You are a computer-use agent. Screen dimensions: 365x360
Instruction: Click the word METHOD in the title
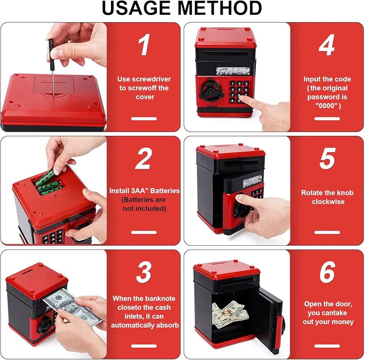[220, 8]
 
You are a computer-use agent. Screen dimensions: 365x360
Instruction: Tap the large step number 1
[144, 44]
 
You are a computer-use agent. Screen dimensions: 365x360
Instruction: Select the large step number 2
[144, 158]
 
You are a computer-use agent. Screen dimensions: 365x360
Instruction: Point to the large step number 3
[144, 272]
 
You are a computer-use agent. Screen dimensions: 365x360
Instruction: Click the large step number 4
[327, 44]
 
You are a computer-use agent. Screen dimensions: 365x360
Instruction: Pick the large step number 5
[327, 158]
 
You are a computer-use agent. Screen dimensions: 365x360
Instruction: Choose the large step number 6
[327, 272]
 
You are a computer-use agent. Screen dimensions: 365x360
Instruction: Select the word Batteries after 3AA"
[166, 191]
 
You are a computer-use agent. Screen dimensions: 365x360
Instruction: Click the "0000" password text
[326, 106]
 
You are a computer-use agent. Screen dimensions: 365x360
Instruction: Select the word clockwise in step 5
[328, 202]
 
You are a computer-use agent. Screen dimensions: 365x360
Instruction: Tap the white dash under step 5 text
[327, 232]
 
